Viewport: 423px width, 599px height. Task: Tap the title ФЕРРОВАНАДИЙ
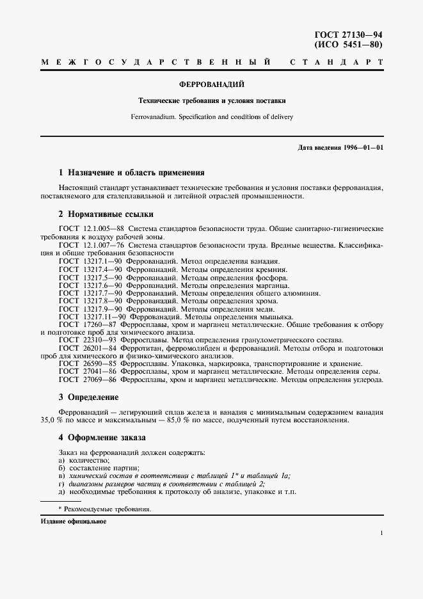click(212, 84)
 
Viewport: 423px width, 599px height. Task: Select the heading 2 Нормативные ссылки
click(106, 214)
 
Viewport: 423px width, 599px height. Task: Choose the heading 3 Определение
click(88, 397)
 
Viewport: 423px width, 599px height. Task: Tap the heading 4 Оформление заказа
click(102, 438)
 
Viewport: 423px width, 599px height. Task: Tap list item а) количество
click(84, 460)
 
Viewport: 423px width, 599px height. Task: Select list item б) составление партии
click(99, 468)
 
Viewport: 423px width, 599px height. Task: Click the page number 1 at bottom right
click(381, 534)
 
